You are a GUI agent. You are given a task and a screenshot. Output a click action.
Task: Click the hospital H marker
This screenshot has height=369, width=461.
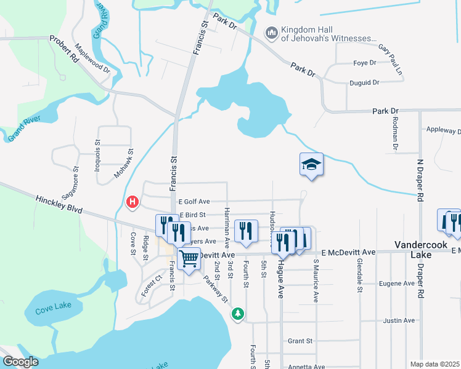[x=131, y=202]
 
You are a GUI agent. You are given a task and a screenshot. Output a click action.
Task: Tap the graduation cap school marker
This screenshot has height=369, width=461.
[x=311, y=165]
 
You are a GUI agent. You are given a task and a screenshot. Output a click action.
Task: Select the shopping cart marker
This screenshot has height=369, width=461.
[x=189, y=258]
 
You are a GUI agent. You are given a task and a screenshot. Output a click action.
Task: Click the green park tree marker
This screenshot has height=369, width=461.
[x=237, y=314]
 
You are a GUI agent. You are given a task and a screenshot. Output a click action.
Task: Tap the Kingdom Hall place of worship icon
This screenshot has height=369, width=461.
[x=271, y=33]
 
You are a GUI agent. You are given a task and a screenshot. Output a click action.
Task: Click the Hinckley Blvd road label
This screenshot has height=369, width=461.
[x=59, y=205]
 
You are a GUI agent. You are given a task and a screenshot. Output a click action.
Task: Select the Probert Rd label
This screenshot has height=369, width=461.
[x=65, y=49]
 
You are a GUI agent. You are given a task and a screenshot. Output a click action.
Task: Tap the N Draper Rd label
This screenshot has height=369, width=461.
[x=420, y=178]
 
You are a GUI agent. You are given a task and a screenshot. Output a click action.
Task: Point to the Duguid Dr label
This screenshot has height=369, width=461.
[x=365, y=82]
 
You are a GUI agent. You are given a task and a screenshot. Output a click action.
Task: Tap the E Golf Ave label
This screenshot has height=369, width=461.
[x=194, y=201]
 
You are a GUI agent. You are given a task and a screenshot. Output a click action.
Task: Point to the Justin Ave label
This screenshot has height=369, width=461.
[x=399, y=320]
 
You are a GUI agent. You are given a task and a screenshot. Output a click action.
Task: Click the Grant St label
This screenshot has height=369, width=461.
[x=300, y=341]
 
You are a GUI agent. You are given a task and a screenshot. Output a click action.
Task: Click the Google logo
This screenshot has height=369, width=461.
[x=20, y=362]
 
